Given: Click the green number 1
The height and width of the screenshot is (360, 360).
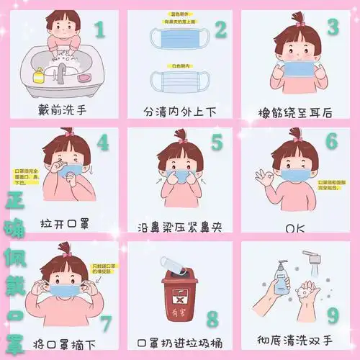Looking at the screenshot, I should point(99,30).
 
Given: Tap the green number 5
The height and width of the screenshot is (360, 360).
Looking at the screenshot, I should point(217,143).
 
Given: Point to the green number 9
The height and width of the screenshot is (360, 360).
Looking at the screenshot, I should point(332,314).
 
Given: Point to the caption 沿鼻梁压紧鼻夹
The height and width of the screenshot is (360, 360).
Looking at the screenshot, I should point(179,227).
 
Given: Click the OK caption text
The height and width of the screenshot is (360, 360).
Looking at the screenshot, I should point(295,228).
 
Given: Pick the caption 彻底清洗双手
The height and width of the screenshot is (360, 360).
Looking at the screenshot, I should point(295,338).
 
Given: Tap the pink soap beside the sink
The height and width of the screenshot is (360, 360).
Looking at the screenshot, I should point(84,76).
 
